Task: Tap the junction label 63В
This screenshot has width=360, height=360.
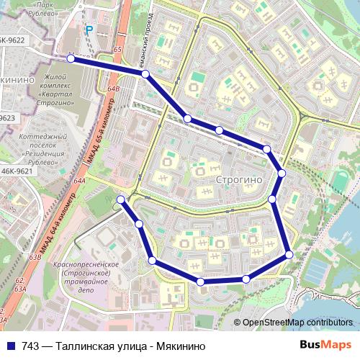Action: tap(34, 256)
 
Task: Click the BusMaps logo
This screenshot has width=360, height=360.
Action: tap(325, 345)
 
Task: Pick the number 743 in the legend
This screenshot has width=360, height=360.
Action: tap(30, 346)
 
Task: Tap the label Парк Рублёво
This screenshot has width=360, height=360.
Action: tap(50, 7)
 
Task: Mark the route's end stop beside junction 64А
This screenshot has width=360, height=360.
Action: tap(121, 199)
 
